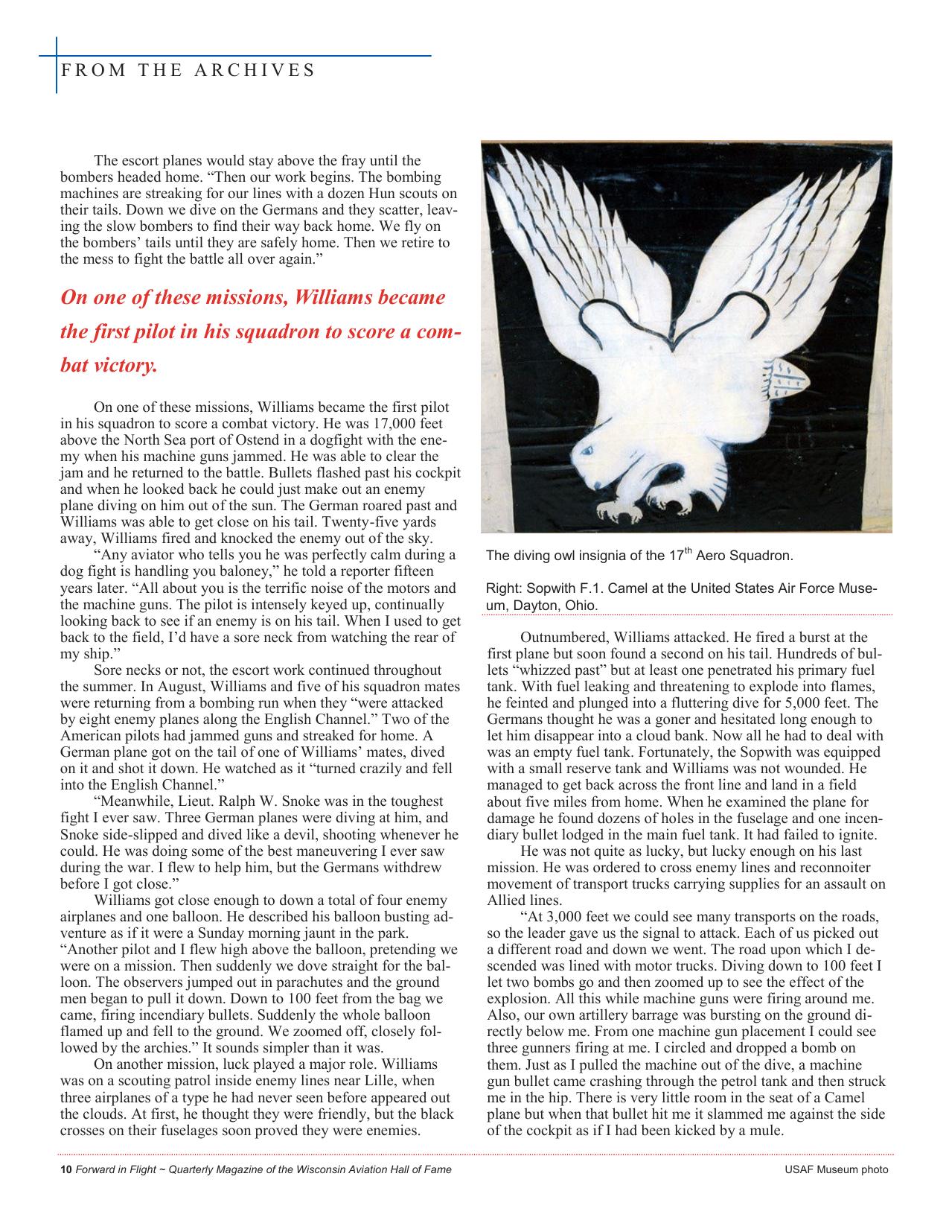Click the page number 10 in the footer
click(65, 1169)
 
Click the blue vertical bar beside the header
click(57, 66)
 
